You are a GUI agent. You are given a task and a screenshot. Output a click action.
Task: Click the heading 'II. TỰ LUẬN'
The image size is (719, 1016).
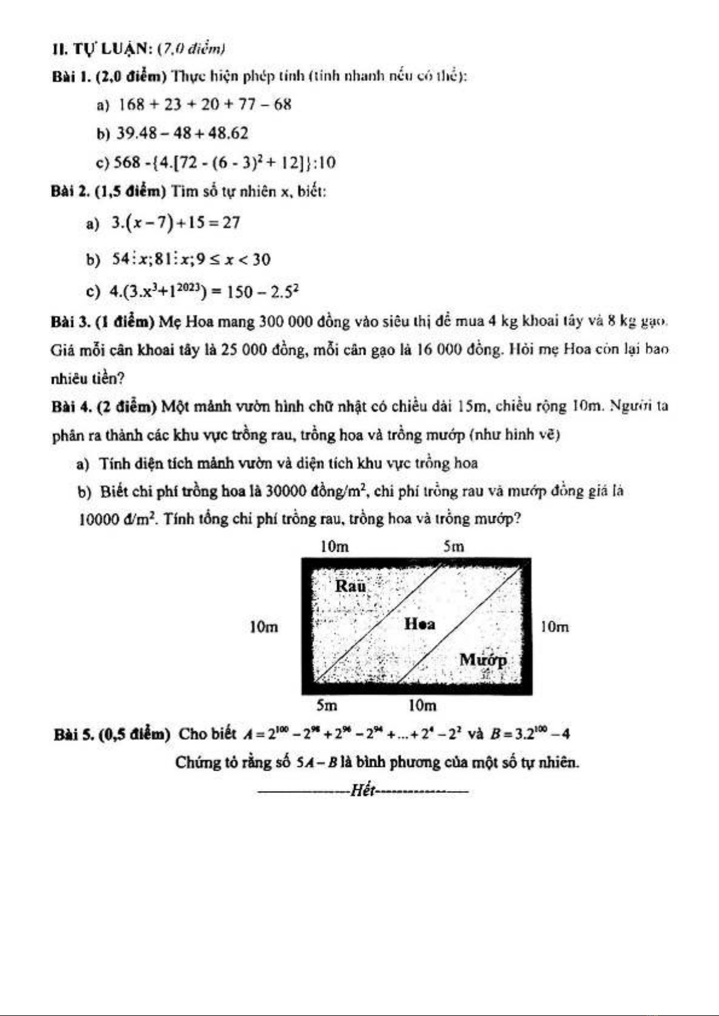click(x=103, y=48)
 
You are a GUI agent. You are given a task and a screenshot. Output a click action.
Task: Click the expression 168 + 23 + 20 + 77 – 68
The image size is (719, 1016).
click(x=204, y=104)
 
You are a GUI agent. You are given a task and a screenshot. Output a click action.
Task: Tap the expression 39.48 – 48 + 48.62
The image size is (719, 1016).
click(x=180, y=133)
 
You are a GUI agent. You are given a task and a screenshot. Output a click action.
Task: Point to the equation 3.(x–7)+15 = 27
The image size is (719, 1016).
click(x=176, y=223)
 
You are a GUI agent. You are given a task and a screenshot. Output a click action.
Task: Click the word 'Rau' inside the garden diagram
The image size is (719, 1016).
click(x=350, y=585)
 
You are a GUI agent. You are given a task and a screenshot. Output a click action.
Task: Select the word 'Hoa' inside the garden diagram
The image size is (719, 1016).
click(x=420, y=624)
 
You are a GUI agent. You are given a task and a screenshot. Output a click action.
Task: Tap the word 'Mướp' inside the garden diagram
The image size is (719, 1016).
click(x=483, y=660)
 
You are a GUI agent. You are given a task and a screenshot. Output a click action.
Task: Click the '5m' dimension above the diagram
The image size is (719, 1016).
click(x=454, y=546)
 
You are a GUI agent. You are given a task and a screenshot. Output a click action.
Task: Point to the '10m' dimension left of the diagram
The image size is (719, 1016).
click(x=264, y=627)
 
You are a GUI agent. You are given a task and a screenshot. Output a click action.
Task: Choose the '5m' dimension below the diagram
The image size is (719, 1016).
click(x=327, y=705)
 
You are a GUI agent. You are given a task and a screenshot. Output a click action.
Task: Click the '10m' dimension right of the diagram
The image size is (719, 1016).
click(x=554, y=627)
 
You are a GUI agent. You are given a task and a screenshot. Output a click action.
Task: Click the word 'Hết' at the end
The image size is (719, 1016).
click(x=363, y=790)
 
